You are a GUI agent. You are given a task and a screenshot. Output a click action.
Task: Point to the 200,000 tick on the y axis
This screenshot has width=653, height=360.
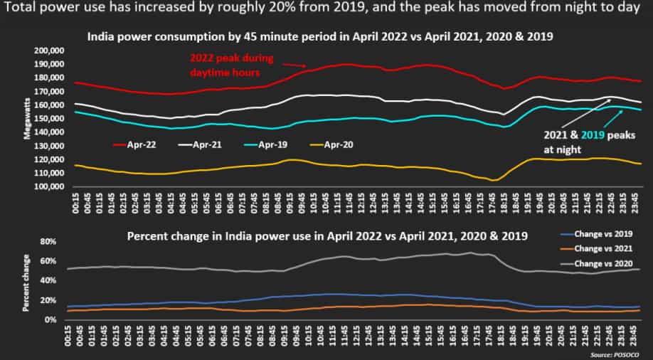[50, 52]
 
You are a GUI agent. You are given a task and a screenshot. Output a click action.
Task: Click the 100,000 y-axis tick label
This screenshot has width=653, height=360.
[50, 187]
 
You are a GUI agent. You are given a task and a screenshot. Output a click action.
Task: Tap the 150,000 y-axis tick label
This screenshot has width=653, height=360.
[50, 120]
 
